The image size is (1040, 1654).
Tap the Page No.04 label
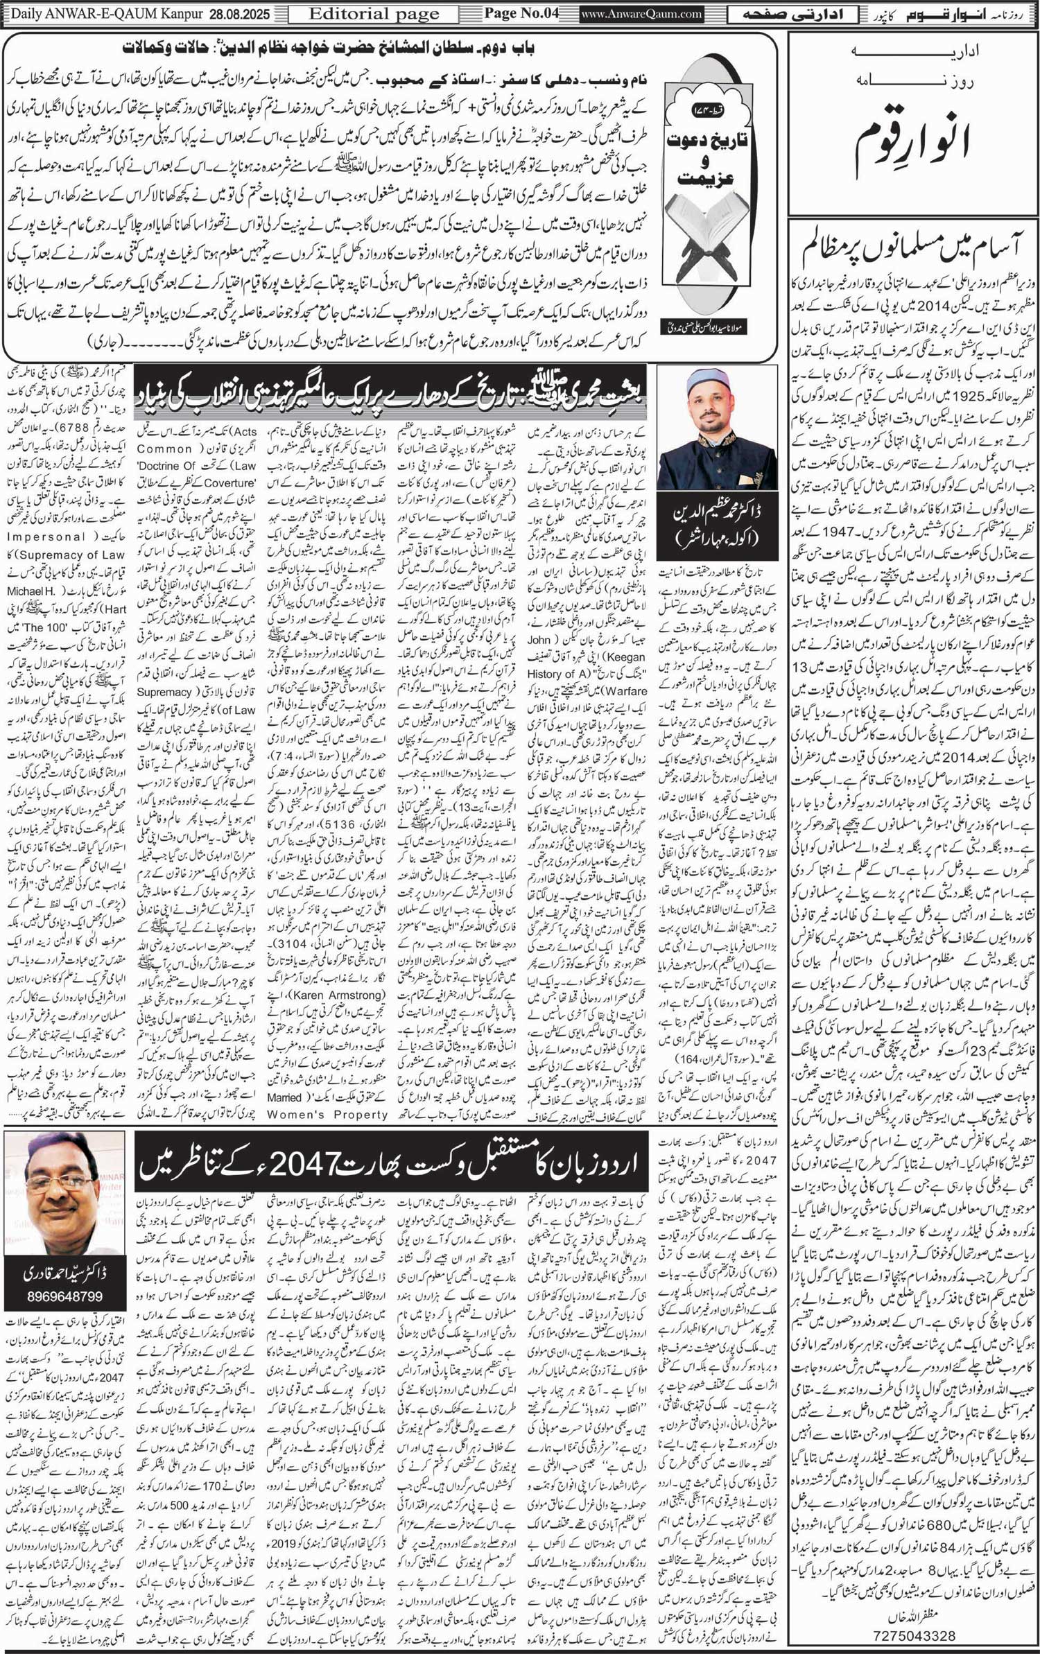point(521,13)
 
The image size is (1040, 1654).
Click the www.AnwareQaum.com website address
point(642,13)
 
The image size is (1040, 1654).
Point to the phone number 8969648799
point(64,1296)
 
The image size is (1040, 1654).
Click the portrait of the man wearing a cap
point(717,429)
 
